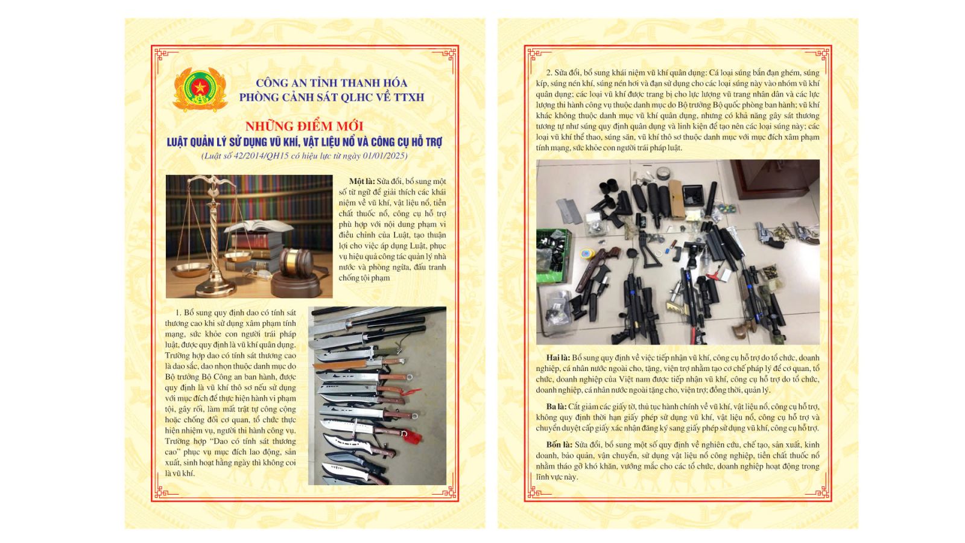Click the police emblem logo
tap(200, 90)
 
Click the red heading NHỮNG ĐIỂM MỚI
tap(305, 126)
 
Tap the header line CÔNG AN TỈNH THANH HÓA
tap(331, 83)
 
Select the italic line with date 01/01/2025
tap(305, 156)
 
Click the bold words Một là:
tap(362, 182)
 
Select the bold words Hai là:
tap(558, 358)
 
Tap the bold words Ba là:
tap(556, 407)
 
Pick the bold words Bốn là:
tap(559, 445)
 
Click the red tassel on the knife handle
tap(413, 437)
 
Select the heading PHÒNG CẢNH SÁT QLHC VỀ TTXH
tap(332, 97)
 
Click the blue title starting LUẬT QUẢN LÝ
tap(305, 142)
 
